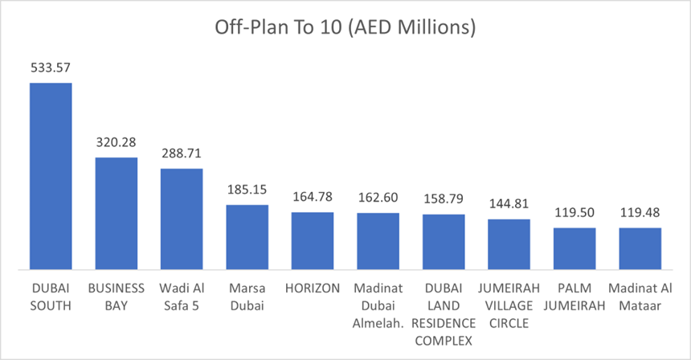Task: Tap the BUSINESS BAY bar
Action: [117, 212]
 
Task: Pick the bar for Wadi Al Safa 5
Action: [182, 218]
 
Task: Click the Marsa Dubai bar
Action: [247, 236]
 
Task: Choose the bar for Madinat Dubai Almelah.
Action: [378, 240]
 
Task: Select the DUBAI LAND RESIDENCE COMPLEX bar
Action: [444, 241]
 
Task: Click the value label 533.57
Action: [51, 68]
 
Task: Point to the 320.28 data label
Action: [117, 143]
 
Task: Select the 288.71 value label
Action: [182, 154]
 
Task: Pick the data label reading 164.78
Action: [313, 198]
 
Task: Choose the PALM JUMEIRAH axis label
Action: [574, 297]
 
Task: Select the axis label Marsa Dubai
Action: [247, 297]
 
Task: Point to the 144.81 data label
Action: [509, 205]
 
